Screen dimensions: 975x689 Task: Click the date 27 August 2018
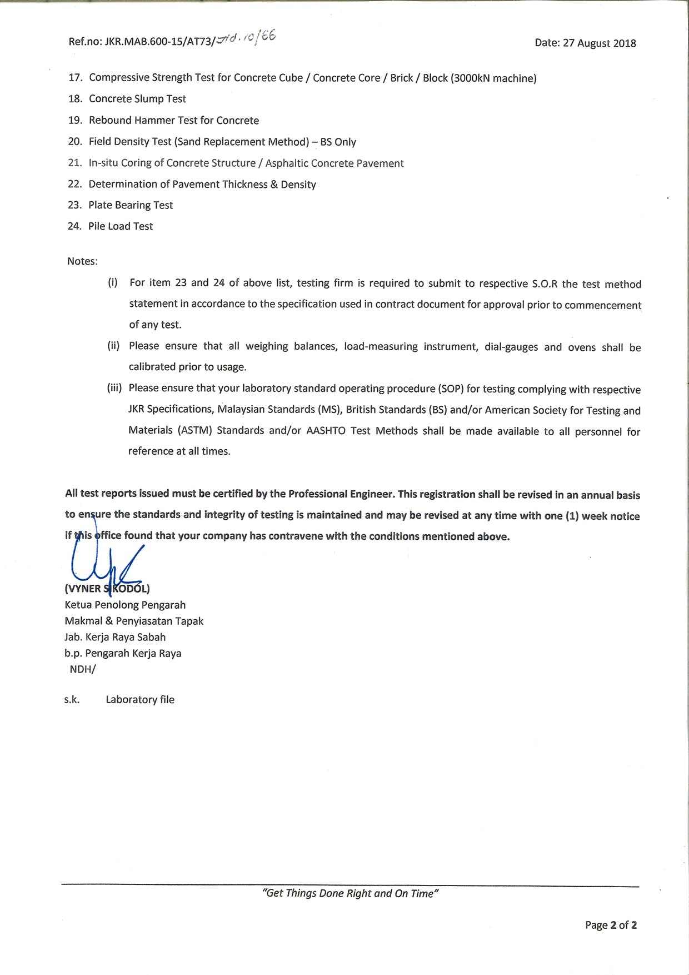tap(599, 43)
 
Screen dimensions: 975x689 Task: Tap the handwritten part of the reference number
tap(245, 38)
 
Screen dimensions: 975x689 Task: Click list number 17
tap(75, 77)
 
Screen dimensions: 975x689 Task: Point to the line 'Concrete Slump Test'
tap(137, 99)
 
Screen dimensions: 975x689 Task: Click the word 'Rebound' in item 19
tap(109, 120)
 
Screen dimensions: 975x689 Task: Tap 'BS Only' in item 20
tap(338, 142)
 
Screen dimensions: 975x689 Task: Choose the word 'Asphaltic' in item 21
tap(286, 163)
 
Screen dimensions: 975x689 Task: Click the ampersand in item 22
tap(274, 185)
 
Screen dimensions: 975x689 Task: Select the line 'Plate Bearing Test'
tap(131, 205)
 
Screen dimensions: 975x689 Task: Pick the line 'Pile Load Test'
tap(121, 226)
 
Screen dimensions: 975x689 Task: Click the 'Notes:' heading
tap(82, 261)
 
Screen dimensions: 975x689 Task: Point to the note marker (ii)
tap(113, 346)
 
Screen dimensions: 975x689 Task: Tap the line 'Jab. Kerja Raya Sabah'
tap(115, 637)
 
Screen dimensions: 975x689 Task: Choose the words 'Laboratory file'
tap(140, 700)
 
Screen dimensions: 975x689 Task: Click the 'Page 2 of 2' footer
tap(611, 925)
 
